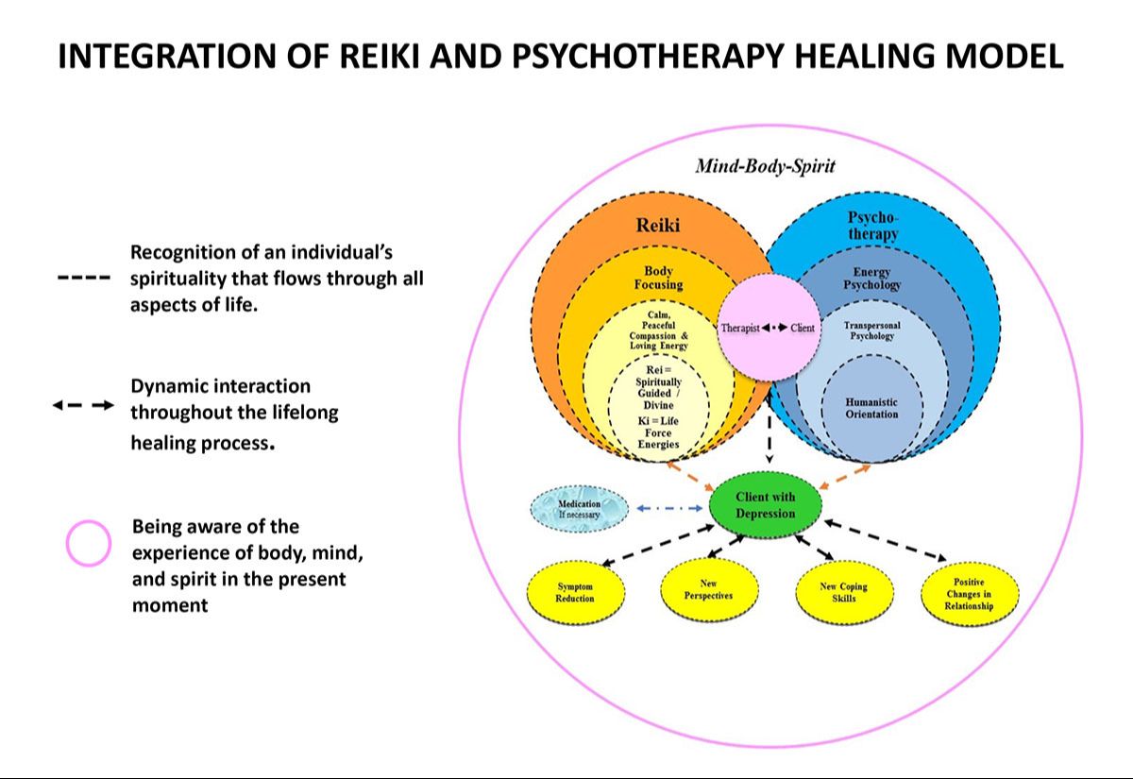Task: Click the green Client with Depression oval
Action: pyautogui.click(x=766, y=505)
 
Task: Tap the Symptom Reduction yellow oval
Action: pyautogui.click(x=575, y=592)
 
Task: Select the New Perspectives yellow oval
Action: pyautogui.click(x=708, y=590)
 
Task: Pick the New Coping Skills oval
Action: pyautogui.click(x=843, y=592)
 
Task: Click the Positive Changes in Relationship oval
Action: pyautogui.click(x=969, y=593)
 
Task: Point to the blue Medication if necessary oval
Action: pyautogui.click(x=580, y=510)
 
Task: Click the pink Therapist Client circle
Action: pyautogui.click(x=768, y=328)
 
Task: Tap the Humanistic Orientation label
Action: pyautogui.click(x=871, y=408)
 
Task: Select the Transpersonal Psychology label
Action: pyautogui.click(x=871, y=330)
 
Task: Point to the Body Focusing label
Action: pyautogui.click(x=658, y=278)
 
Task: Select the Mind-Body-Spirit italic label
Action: pyautogui.click(x=765, y=167)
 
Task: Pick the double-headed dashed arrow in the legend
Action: pyautogui.click(x=83, y=406)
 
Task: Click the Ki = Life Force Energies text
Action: pyautogui.click(x=658, y=432)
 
